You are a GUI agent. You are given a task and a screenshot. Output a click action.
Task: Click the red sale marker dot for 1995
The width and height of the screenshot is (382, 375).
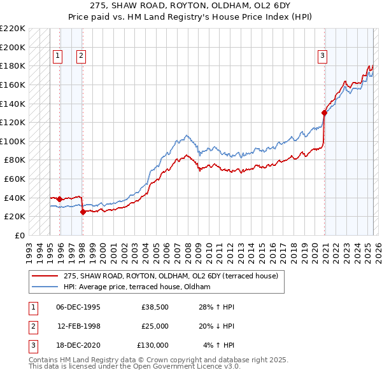(59, 199)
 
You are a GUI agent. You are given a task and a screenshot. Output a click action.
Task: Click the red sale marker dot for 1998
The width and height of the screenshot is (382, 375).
(83, 212)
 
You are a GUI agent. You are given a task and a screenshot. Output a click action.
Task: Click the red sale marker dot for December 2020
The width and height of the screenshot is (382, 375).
(324, 113)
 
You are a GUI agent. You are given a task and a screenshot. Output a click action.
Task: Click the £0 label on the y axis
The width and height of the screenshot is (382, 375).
(20, 235)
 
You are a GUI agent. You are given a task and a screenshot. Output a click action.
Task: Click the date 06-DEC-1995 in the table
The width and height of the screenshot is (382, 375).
(78, 308)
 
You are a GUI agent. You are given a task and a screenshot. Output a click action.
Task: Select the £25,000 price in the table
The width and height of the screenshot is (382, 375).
(154, 326)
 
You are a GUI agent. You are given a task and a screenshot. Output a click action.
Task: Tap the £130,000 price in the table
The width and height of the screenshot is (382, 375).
(152, 344)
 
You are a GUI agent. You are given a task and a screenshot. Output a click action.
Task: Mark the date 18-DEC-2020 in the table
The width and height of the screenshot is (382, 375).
(78, 344)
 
